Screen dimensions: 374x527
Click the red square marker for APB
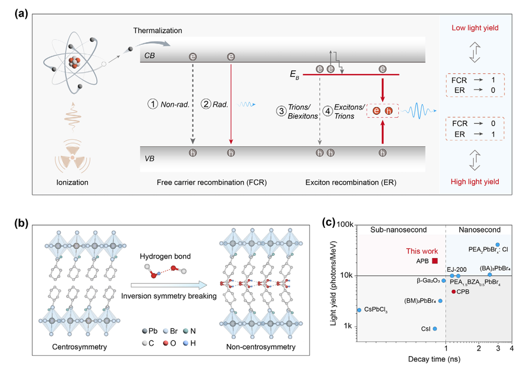435,260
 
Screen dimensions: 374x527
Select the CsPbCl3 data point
359,310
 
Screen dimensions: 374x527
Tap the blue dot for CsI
435,329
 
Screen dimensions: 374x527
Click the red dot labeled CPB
453,291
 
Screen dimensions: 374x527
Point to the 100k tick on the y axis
345,224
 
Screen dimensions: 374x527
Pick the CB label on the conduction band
151,54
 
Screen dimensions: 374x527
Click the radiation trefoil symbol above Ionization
73,155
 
